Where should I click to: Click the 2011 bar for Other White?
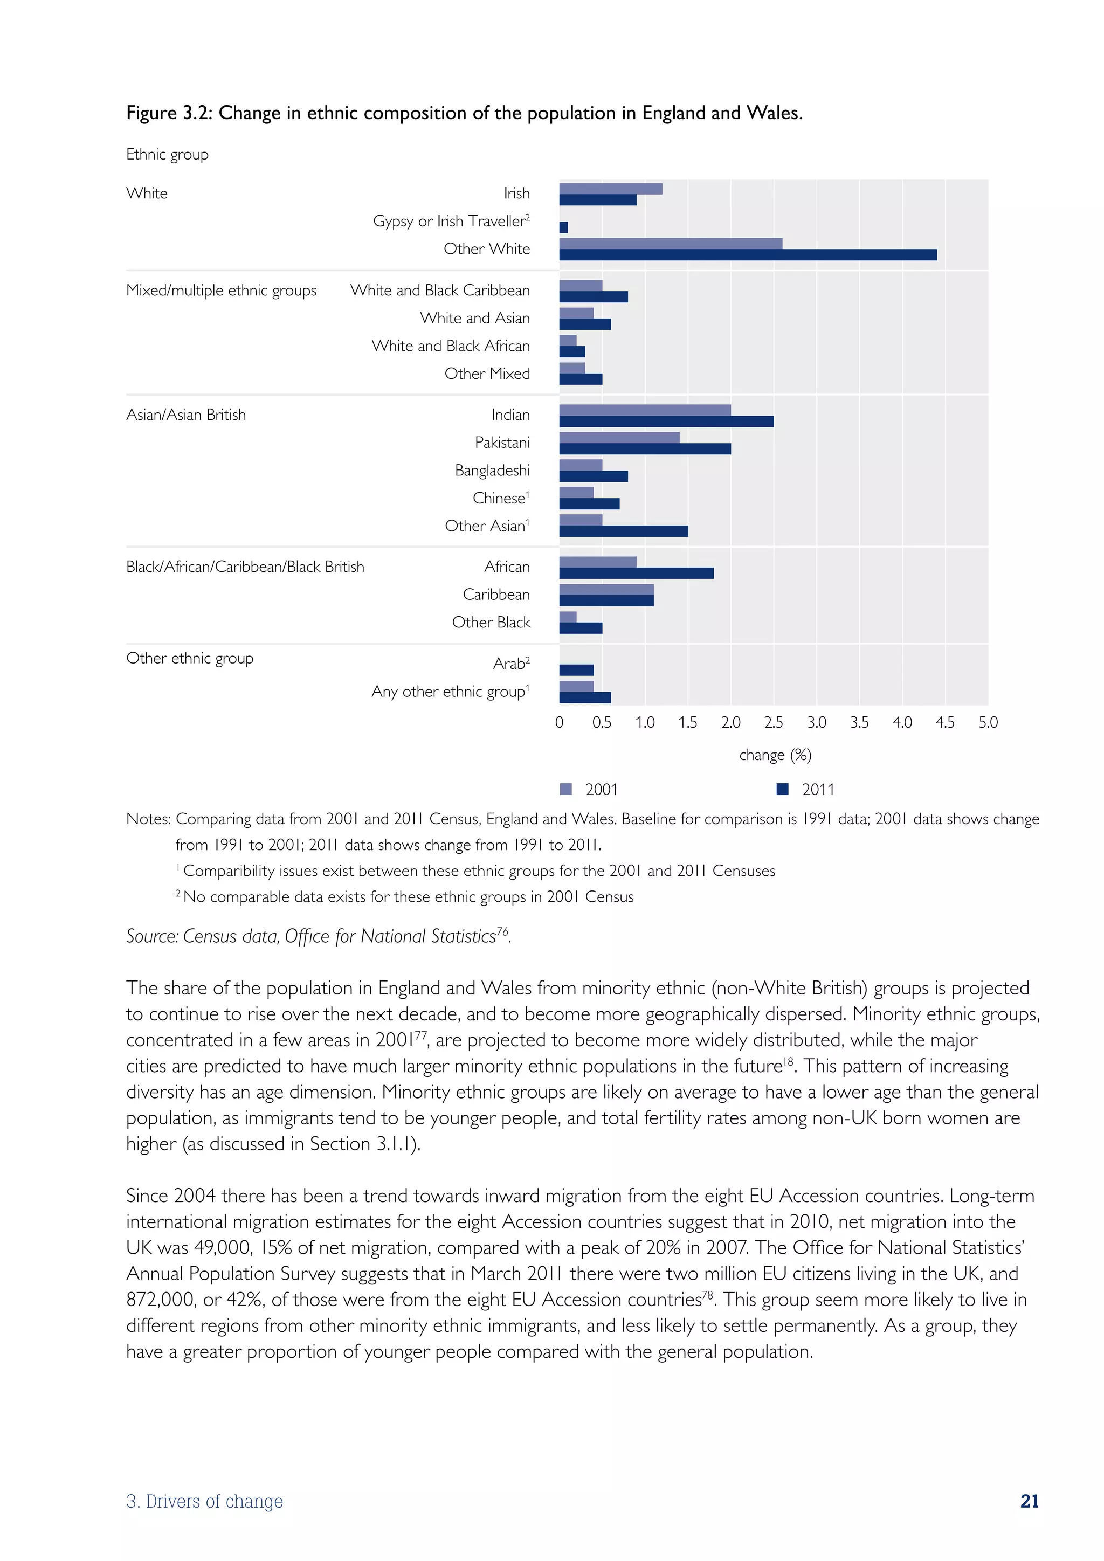coord(748,255)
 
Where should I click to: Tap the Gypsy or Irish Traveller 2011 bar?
coord(563,227)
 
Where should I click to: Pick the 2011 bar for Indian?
coord(666,422)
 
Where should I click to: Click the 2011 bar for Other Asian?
coord(623,531)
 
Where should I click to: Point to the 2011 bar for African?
coord(636,573)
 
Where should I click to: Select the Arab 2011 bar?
coord(576,671)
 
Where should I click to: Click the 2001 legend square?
coord(565,789)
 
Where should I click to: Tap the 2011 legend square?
coord(783,789)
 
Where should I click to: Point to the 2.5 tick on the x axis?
coord(774,722)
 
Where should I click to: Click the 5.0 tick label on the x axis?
coord(988,722)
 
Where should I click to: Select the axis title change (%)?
coord(775,755)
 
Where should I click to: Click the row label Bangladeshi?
coord(492,471)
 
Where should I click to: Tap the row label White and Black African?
coord(451,346)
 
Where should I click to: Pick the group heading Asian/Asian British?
coord(187,415)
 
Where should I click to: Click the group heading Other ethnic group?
coord(190,658)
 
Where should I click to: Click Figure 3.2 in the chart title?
coord(169,113)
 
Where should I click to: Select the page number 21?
coord(1029,1501)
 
